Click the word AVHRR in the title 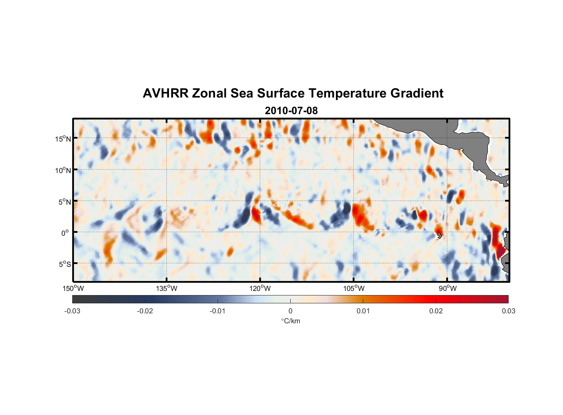165,93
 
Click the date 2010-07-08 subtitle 291,111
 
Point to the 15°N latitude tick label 63,139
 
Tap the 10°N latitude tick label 63,170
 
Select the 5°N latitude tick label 64,202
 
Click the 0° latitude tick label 66,233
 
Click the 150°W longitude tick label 73,288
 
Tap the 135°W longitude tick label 167,288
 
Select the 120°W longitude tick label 260,288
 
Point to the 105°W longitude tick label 354,288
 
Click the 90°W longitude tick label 448,288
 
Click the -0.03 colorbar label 72,311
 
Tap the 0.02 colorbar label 436,311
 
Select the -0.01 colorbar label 217,311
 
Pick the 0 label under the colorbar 290,311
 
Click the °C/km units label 290,321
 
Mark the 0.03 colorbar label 508,311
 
